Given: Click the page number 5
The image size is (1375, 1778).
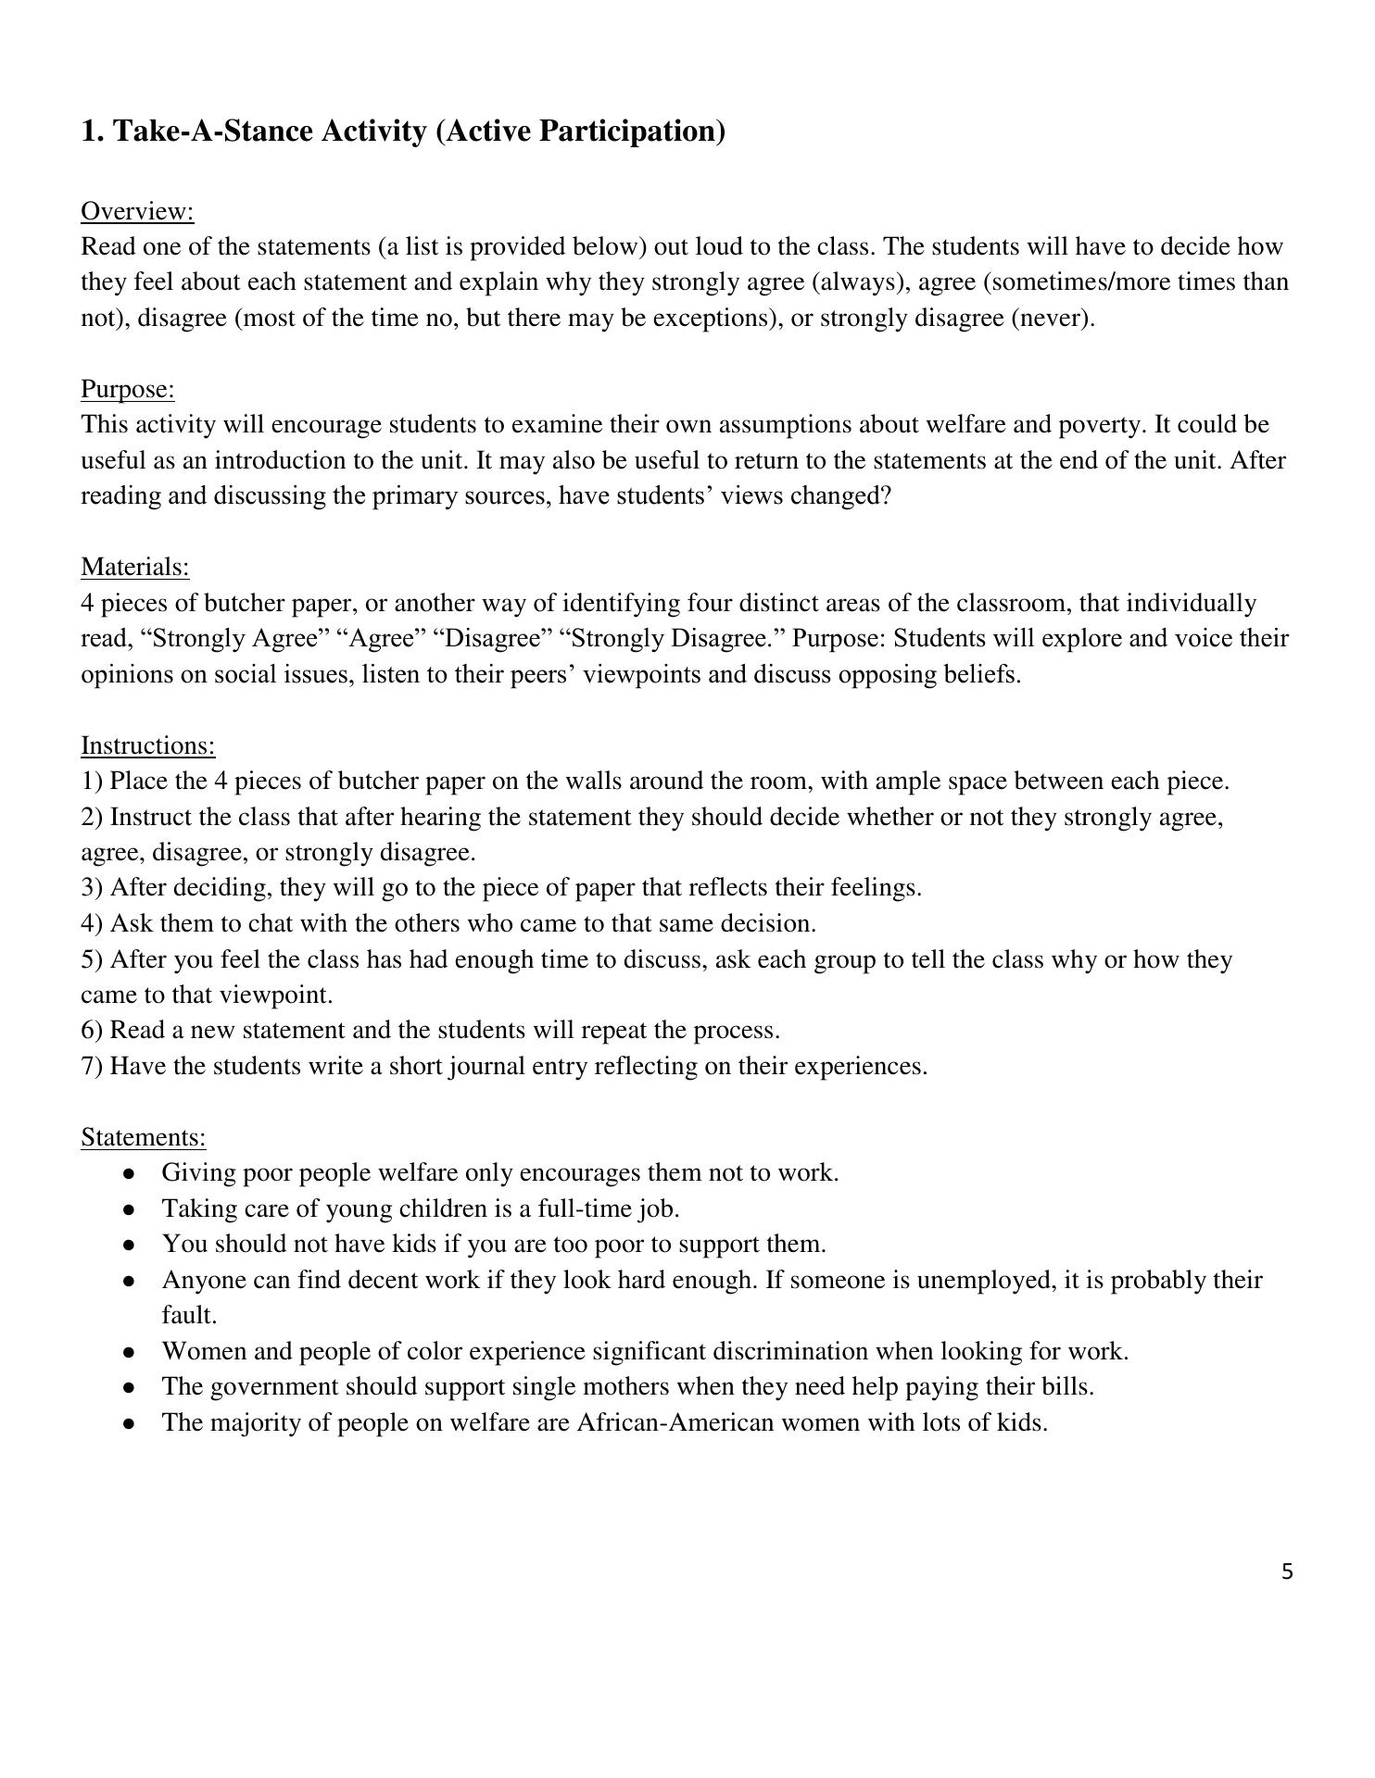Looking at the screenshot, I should point(1287,1571).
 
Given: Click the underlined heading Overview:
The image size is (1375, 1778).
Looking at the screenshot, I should point(137,211).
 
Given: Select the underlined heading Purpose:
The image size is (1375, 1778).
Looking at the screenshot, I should point(128,389).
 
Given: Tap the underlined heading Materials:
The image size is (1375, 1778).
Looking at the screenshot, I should point(135,567).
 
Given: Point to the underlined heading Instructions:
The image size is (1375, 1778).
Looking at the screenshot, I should point(148,745).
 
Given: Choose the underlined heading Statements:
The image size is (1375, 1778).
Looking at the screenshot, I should point(144,1137).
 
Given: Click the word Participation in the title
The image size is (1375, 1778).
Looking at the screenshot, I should point(631,131).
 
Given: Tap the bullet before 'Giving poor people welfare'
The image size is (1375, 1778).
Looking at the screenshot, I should point(131,1174).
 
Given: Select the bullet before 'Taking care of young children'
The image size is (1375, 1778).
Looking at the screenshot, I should point(131,1210).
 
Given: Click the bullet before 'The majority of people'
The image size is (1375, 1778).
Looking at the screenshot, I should point(131,1424).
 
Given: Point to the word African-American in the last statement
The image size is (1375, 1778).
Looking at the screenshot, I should point(675,1422).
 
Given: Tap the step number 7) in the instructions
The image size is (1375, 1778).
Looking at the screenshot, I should point(92,1066).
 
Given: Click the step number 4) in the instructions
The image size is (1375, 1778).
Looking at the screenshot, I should point(92,923).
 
